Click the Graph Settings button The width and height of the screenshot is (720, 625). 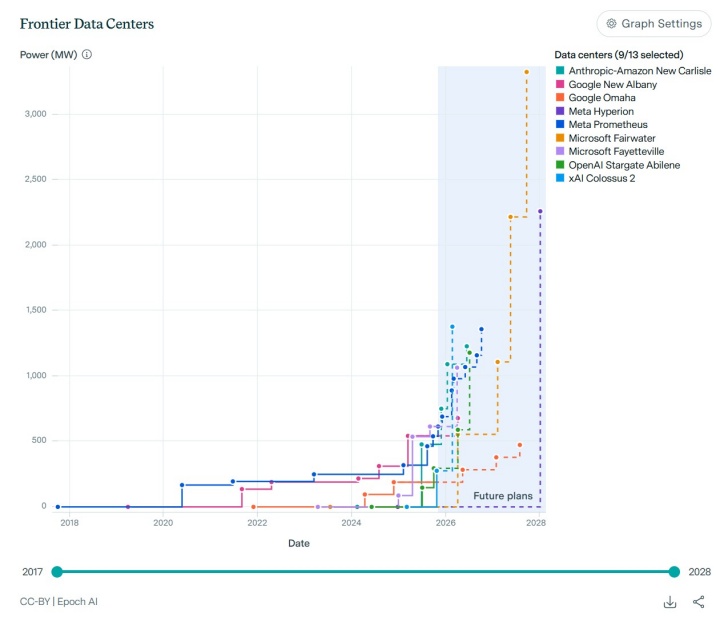[x=652, y=23]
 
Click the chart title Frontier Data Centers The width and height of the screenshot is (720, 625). [x=87, y=23]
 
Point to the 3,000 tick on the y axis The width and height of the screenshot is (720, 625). [x=35, y=114]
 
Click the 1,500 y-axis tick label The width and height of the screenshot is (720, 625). [x=35, y=310]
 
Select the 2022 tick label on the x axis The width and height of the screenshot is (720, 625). [x=257, y=522]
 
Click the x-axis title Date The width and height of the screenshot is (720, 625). [x=299, y=543]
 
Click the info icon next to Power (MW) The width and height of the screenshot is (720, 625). [x=87, y=54]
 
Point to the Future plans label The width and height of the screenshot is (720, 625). [x=503, y=496]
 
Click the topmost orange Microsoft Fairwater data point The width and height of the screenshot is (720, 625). [x=527, y=72]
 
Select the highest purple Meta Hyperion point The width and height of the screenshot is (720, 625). [x=540, y=211]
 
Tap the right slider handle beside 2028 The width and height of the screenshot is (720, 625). [x=675, y=571]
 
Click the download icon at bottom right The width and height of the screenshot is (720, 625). [x=670, y=602]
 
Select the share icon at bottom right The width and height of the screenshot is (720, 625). [x=698, y=602]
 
